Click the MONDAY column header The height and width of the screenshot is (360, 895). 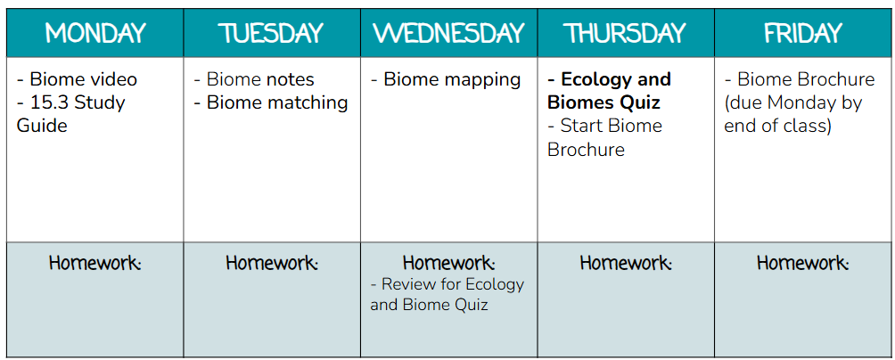95,34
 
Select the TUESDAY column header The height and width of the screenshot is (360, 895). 272,34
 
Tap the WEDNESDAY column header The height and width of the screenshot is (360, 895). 448,34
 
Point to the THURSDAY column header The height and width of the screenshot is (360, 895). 626,34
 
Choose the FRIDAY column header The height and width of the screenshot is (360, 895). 803,34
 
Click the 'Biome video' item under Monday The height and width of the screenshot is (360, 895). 83,79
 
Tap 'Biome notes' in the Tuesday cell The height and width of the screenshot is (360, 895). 260,79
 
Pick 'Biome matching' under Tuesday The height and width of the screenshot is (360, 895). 277,102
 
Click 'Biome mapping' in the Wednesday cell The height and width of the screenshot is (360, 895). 452,79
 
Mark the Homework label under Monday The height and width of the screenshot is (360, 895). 94,263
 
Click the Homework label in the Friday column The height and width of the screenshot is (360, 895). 803,263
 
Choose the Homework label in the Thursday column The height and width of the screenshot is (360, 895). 626,263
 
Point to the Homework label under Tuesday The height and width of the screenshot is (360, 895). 272,263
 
